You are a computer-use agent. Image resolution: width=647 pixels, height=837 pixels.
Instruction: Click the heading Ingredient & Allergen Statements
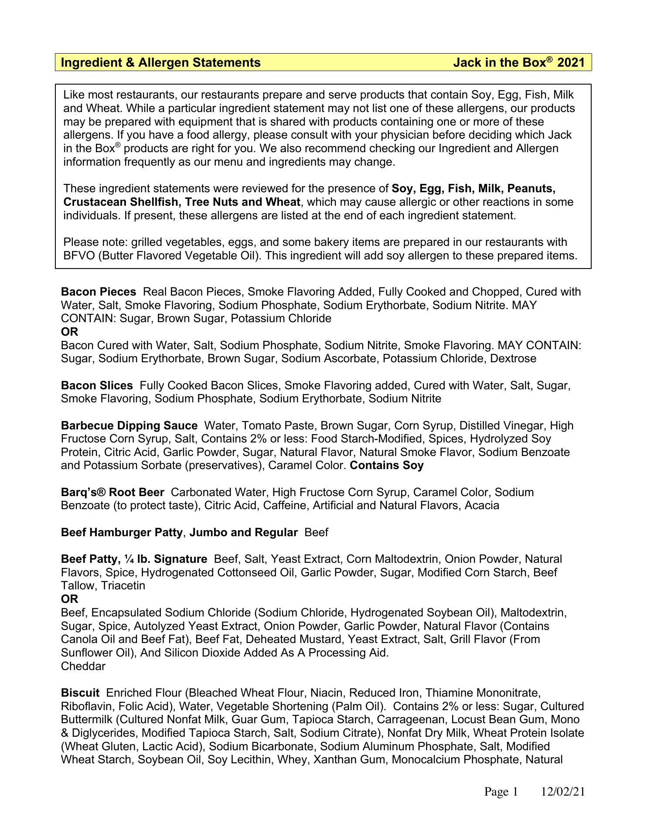click(160, 63)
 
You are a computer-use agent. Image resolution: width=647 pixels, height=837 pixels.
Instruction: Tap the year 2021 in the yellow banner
click(571, 63)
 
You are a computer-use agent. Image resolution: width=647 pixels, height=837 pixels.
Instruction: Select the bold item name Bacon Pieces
click(99, 292)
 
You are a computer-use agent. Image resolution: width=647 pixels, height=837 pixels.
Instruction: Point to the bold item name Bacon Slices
click(97, 385)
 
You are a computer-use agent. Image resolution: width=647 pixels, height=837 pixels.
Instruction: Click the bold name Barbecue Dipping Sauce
click(129, 425)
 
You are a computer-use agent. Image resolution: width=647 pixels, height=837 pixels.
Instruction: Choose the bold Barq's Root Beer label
click(112, 492)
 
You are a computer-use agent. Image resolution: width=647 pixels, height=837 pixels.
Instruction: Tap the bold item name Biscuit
click(80, 693)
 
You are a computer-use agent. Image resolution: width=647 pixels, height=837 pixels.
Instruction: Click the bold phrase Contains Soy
click(387, 465)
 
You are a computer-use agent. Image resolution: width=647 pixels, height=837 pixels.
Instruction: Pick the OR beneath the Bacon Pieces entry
click(70, 332)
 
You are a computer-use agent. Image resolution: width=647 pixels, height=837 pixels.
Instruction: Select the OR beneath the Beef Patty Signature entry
click(70, 599)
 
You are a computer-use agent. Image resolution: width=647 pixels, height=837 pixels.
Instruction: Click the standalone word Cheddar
click(83, 666)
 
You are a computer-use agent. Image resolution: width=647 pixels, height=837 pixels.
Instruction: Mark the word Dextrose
click(513, 358)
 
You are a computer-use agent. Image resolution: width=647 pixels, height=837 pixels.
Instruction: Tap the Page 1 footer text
click(501, 792)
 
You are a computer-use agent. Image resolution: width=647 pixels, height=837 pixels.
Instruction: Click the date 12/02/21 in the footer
click(562, 792)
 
